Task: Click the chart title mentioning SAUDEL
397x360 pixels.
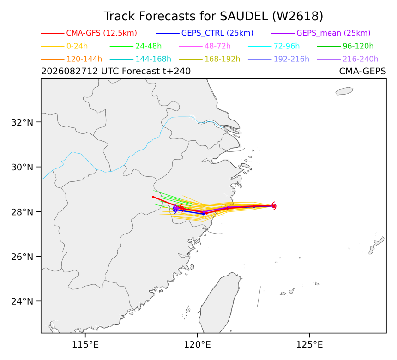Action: (213, 16)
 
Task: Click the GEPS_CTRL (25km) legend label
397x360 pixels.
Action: (217, 33)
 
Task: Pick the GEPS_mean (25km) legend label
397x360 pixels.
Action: (333, 33)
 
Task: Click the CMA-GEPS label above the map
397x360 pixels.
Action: (362, 71)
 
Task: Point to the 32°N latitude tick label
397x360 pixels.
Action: (22, 122)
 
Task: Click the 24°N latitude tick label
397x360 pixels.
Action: (22, 301)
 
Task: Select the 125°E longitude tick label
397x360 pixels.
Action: (309, 345)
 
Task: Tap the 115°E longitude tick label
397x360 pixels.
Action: (85, 345)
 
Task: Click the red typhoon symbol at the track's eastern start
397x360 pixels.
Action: (273, 206)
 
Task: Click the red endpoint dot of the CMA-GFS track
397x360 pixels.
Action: (153, 197)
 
